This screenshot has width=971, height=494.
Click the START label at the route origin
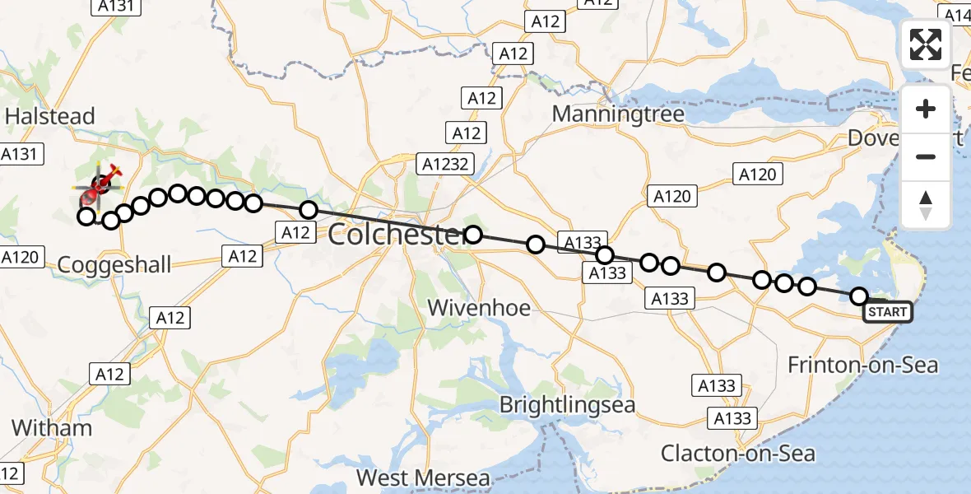coord(887,312)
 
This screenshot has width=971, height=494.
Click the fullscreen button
coord(926,44)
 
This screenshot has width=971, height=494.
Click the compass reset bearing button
coord(926,205)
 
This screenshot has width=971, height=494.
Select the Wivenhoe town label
coord(479,308)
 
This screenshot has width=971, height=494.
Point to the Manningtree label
coord(618,114)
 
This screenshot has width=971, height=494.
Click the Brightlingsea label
coord(569,405)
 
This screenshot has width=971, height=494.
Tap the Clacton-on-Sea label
coord(739,453)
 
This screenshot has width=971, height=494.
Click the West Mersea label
coord(423,478)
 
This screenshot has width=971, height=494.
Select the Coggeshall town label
coord(114,264)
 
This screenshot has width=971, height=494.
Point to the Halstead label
coord(50,116)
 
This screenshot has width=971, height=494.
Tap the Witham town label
coord(52,428)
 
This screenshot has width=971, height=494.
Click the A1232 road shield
coord(448,164)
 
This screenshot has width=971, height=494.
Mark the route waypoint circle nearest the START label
coord(859,296)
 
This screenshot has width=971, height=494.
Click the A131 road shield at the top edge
coord(114,6)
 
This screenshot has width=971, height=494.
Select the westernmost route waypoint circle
coord(86,217)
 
